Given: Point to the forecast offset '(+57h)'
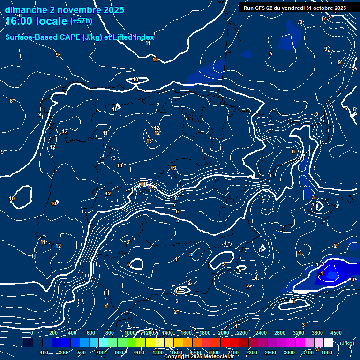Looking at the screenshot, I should coord(81,21).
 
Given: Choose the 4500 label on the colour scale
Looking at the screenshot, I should coord(336,333).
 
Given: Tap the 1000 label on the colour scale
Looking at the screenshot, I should coord(129,333).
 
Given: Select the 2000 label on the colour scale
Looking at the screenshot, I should coord(223,333).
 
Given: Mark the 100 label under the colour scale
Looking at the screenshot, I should coord(44,352).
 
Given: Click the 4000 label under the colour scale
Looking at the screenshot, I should coord(327,352).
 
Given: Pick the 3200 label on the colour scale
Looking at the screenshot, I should coord(298,333).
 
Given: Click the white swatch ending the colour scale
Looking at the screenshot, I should coord(328,343).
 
